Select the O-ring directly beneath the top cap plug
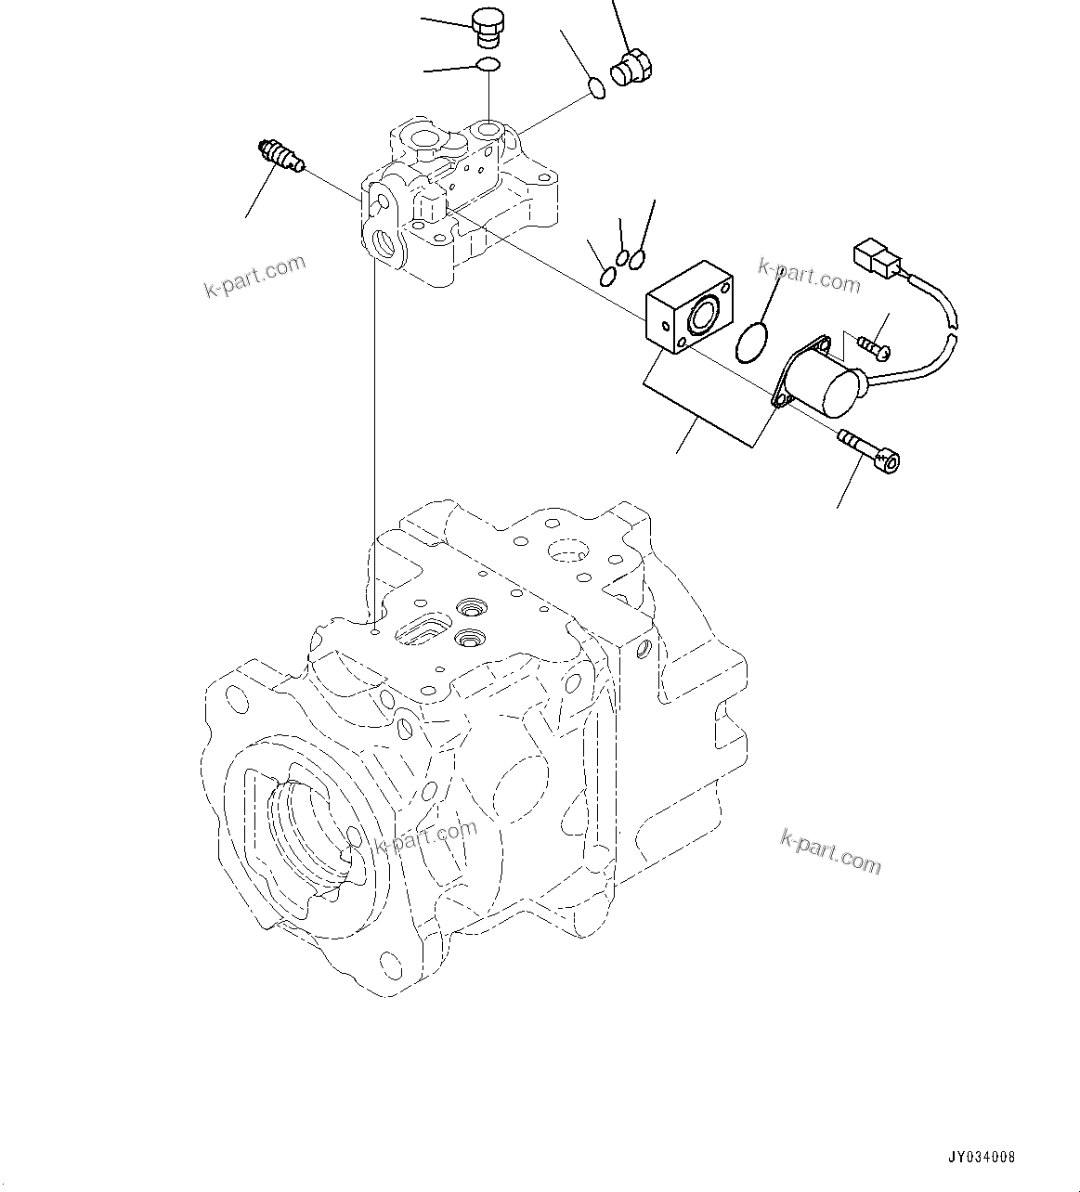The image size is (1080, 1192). (488, 65)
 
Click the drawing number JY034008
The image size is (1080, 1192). (981, 1158)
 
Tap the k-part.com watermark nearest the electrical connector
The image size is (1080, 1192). (809, 275)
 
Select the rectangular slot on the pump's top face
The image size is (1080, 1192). (423, 629)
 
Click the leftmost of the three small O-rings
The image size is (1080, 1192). (606, 276)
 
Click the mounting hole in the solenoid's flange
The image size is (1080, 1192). (781, 399)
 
